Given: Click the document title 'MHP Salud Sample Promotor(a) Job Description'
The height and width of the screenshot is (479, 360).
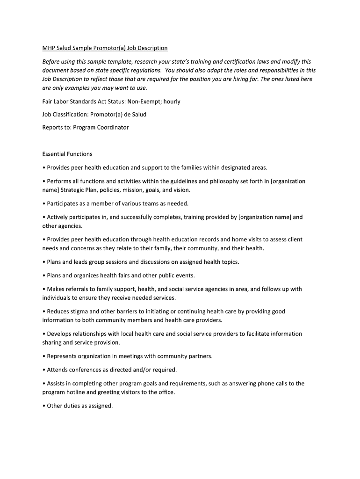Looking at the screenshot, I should pos(105,48).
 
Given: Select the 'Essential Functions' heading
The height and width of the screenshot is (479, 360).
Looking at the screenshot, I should pos(67,154).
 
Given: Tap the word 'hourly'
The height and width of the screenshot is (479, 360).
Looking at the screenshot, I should pos(172,102).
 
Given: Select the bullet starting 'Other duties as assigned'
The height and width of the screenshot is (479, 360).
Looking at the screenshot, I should pos(80,406).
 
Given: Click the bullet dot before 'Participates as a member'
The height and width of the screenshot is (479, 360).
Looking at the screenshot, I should pos(44,204).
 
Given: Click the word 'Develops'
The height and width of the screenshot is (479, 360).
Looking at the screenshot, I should pos(60,334).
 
